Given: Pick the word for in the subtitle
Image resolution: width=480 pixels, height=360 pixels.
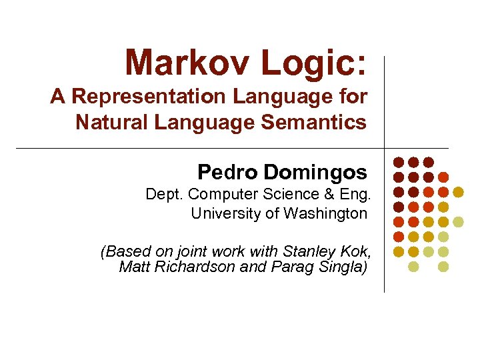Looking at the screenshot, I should pos(354,97).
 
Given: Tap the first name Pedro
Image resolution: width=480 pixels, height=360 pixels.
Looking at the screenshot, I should pos(227,173).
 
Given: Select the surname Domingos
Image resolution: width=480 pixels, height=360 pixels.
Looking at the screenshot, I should pos(315,173).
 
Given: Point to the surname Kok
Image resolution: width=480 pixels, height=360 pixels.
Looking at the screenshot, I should pos(354,252).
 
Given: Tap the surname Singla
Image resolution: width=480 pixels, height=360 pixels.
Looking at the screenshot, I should pos(341,267).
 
